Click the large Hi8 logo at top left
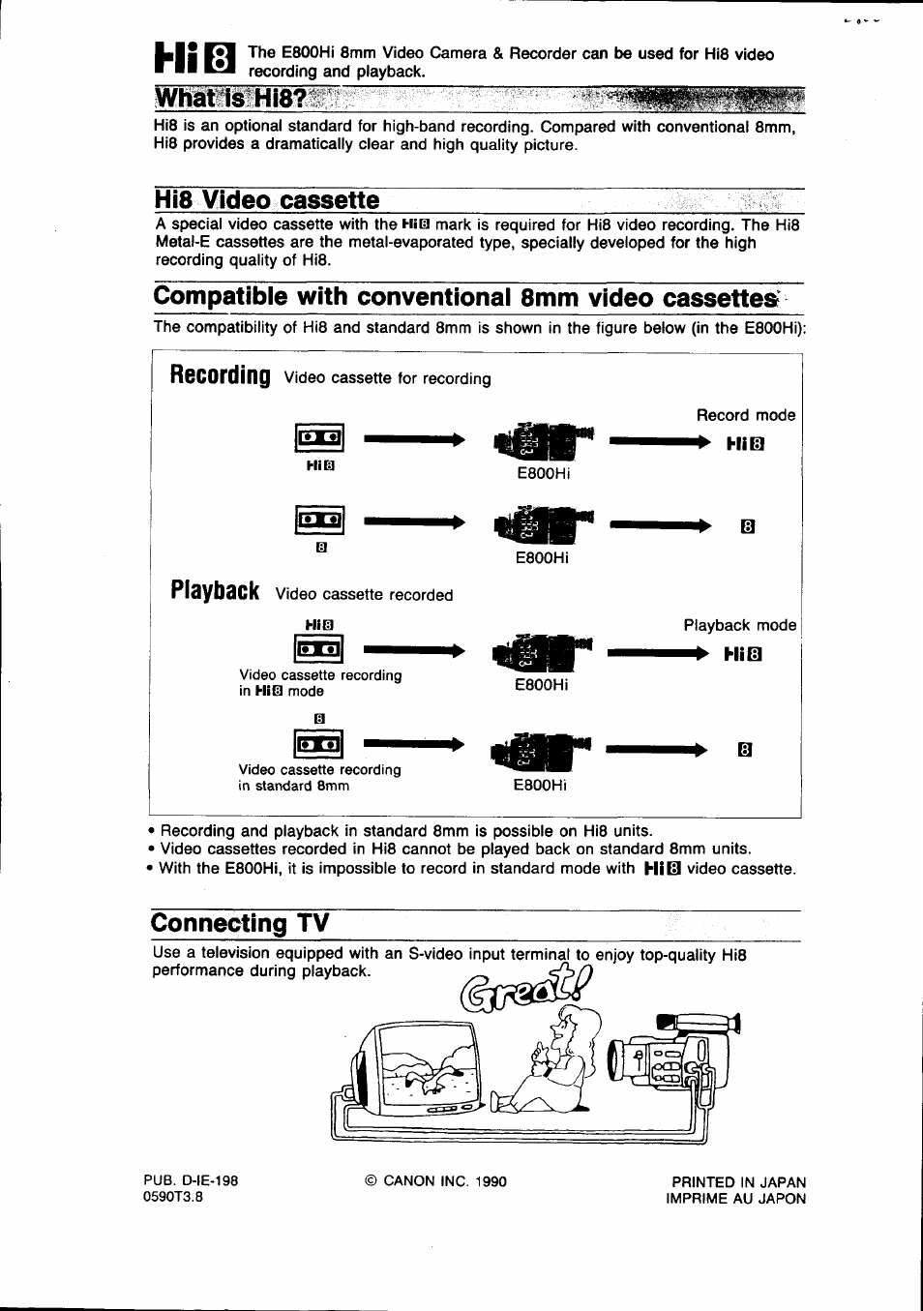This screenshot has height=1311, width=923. coord(194,60)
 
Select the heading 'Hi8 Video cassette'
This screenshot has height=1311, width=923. coord(266,200)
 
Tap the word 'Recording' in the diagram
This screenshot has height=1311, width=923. coord(220,375)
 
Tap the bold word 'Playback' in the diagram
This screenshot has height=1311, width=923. coord(215,591)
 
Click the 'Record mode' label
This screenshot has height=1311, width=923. coord(745,415)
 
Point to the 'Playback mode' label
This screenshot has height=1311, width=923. coord(739,625)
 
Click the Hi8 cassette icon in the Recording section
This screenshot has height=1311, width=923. coord(318,438)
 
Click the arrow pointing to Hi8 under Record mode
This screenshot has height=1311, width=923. coord(659,442)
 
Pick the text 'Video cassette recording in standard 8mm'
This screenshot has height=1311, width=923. coord(319,778)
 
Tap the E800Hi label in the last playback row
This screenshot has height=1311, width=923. coord(540,786)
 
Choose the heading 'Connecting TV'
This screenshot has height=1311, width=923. coord(240,923)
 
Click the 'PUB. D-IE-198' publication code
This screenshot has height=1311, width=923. coord(191,1180)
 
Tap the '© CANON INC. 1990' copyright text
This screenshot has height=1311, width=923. coord(435,1181)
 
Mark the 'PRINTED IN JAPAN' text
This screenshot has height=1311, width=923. coord(738,1182)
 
